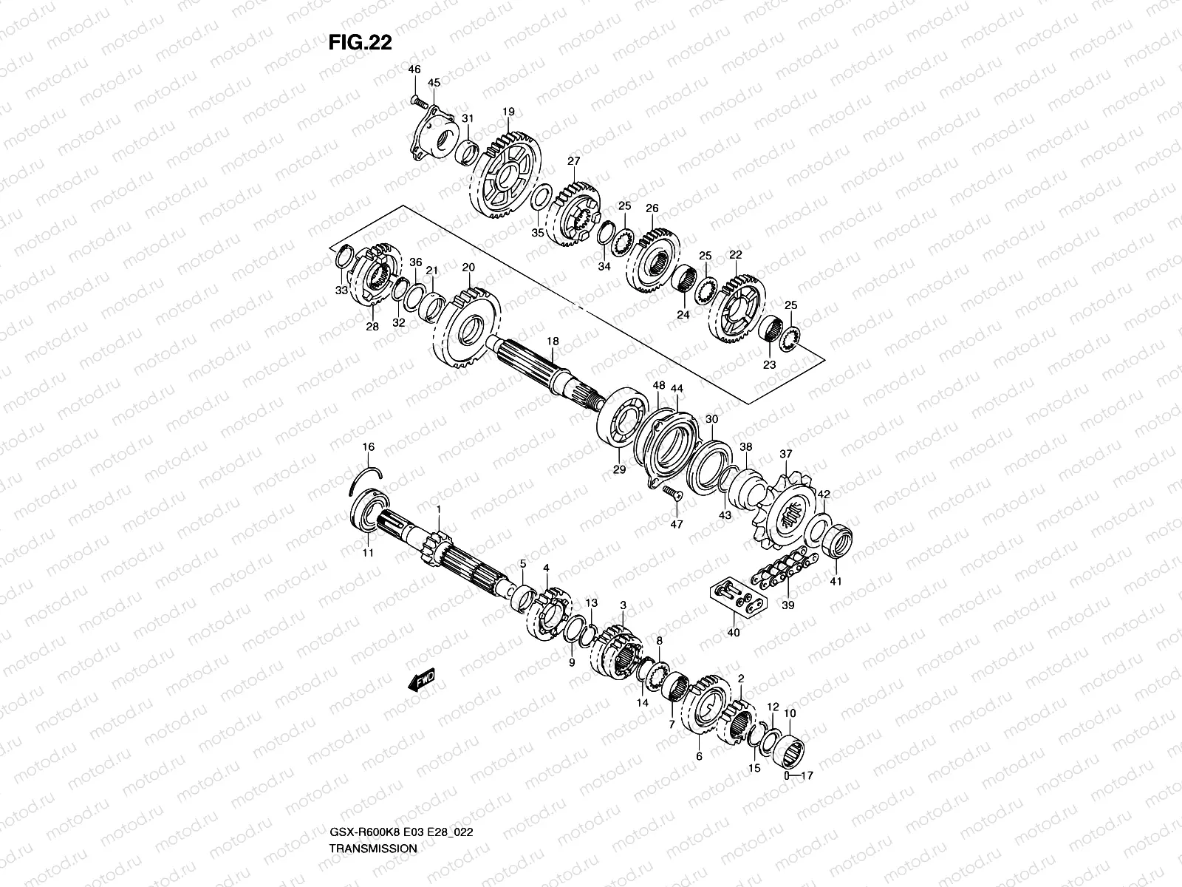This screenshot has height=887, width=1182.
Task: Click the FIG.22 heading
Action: (x=360, y=43)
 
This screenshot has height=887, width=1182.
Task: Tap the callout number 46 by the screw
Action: (x=414, y=69)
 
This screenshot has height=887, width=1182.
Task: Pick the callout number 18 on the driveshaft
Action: (x=553, y=341)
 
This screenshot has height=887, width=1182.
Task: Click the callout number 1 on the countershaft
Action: (x=438, y=509)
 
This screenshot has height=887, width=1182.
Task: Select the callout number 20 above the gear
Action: (x=468, y=267)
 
